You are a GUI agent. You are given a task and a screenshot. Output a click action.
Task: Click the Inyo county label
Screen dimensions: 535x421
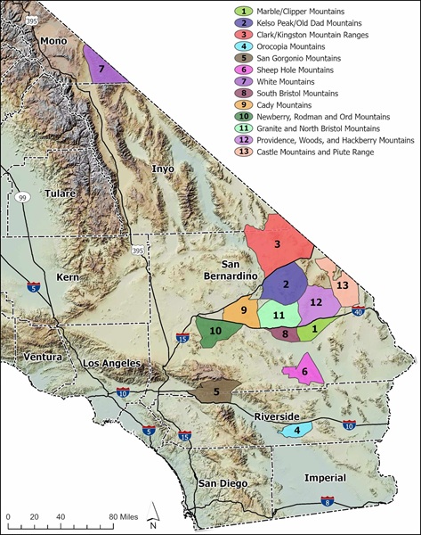tap(165, 168)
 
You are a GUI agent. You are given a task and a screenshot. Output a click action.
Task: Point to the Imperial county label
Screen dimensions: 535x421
tap(325, 477)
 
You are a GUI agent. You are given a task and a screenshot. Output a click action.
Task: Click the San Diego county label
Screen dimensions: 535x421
tap(219, 482)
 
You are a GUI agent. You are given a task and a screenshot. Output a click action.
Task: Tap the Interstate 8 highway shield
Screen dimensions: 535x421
tap(328, 502)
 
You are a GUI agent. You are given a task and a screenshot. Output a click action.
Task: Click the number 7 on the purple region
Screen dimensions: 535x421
tap(102, 68)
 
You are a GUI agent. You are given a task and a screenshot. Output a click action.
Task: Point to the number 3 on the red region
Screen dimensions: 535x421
tap(278, 243)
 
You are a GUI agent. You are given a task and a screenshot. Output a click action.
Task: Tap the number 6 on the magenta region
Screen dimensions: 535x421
tap(304, 371)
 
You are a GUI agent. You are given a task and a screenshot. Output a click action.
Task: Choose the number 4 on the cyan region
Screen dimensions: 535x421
tap(296, 430)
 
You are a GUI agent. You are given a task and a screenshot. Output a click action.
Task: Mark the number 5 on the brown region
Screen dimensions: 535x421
tap(216, 391)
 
